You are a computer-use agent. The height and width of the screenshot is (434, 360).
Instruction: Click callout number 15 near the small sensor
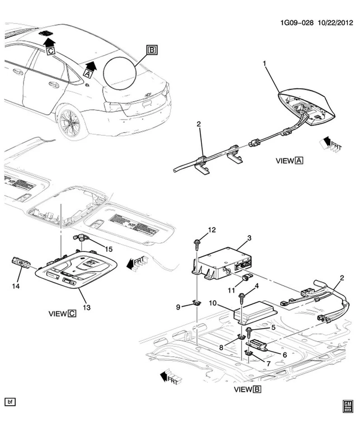108,250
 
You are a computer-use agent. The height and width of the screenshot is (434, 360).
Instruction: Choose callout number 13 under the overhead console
86,307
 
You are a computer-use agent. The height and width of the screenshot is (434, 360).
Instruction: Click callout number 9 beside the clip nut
178,307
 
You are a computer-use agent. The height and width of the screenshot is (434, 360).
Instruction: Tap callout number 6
284,355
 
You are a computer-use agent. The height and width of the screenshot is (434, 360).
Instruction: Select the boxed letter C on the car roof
51,52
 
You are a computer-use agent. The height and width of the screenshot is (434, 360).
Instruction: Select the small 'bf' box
10,401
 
